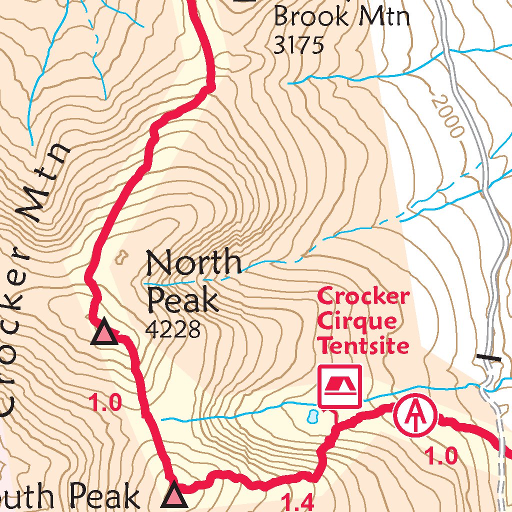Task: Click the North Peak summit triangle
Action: (x=104, y=333)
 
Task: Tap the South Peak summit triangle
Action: (x=174, y=495)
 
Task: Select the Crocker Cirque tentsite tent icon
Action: (x=340, y=386)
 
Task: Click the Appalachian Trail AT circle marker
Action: (x=415, y=415)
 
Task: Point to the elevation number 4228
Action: (x=172, y=329)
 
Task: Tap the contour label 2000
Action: (x=448, y=116)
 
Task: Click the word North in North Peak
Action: (x=193, y=262)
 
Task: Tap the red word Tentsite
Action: (x=364, y=344)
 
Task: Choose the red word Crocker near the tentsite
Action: (x=363, y=296)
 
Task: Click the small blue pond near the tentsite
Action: (x=312, y=415)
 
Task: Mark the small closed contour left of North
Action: (x=120, y=258)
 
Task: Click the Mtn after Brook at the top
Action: (x=382, y=16)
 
